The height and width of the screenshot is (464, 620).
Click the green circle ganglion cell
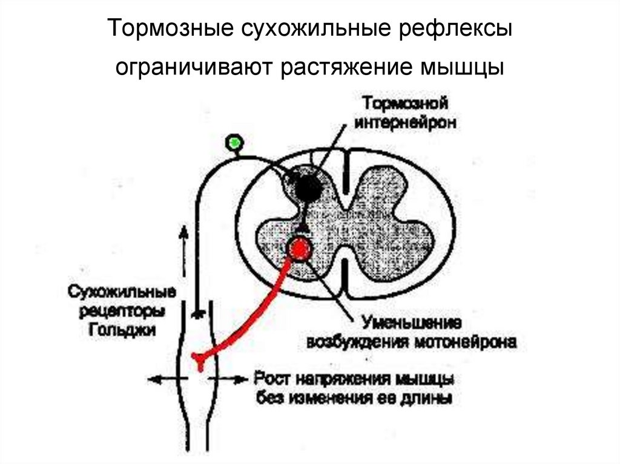(x=234, y=143)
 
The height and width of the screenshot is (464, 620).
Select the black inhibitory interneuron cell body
(x=307, y=185)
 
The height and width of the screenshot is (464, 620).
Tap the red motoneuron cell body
(x=300, y=247)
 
